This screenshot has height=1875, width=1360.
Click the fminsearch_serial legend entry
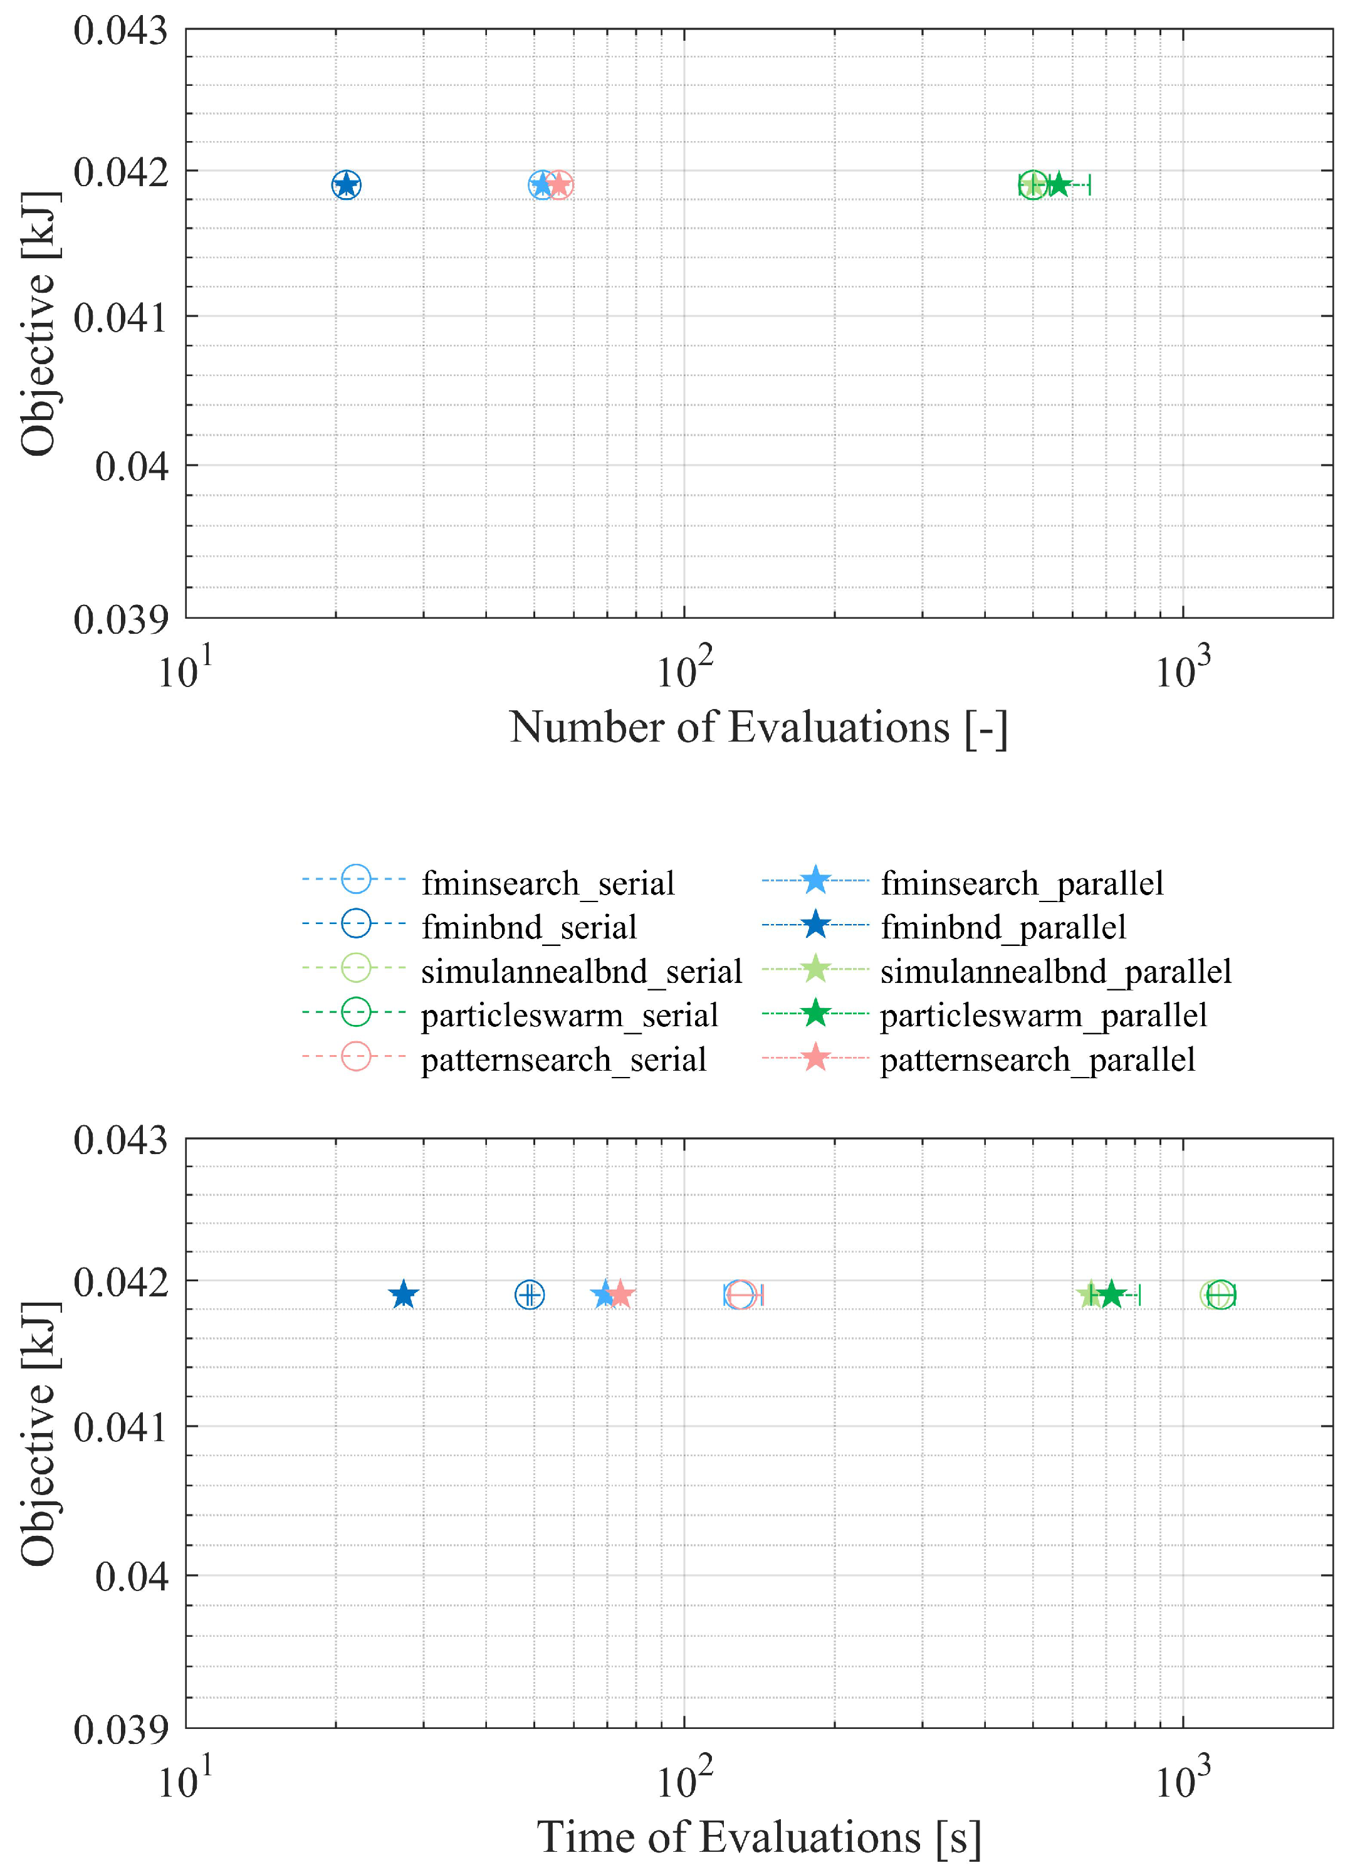click(547, 883)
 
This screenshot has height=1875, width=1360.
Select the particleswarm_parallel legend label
click(1042, 1014)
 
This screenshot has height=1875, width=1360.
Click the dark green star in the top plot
click(1059, 184)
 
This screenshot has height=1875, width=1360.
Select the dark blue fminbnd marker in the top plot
click(347, 184)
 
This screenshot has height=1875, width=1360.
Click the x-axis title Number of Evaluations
click(758, 728)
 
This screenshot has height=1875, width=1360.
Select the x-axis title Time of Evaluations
click(758, 1837)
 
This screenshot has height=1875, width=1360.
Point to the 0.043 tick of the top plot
click(121, 31)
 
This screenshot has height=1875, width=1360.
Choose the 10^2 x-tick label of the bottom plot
click(684, 1779)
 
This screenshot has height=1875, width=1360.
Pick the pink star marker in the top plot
click(560, 184)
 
